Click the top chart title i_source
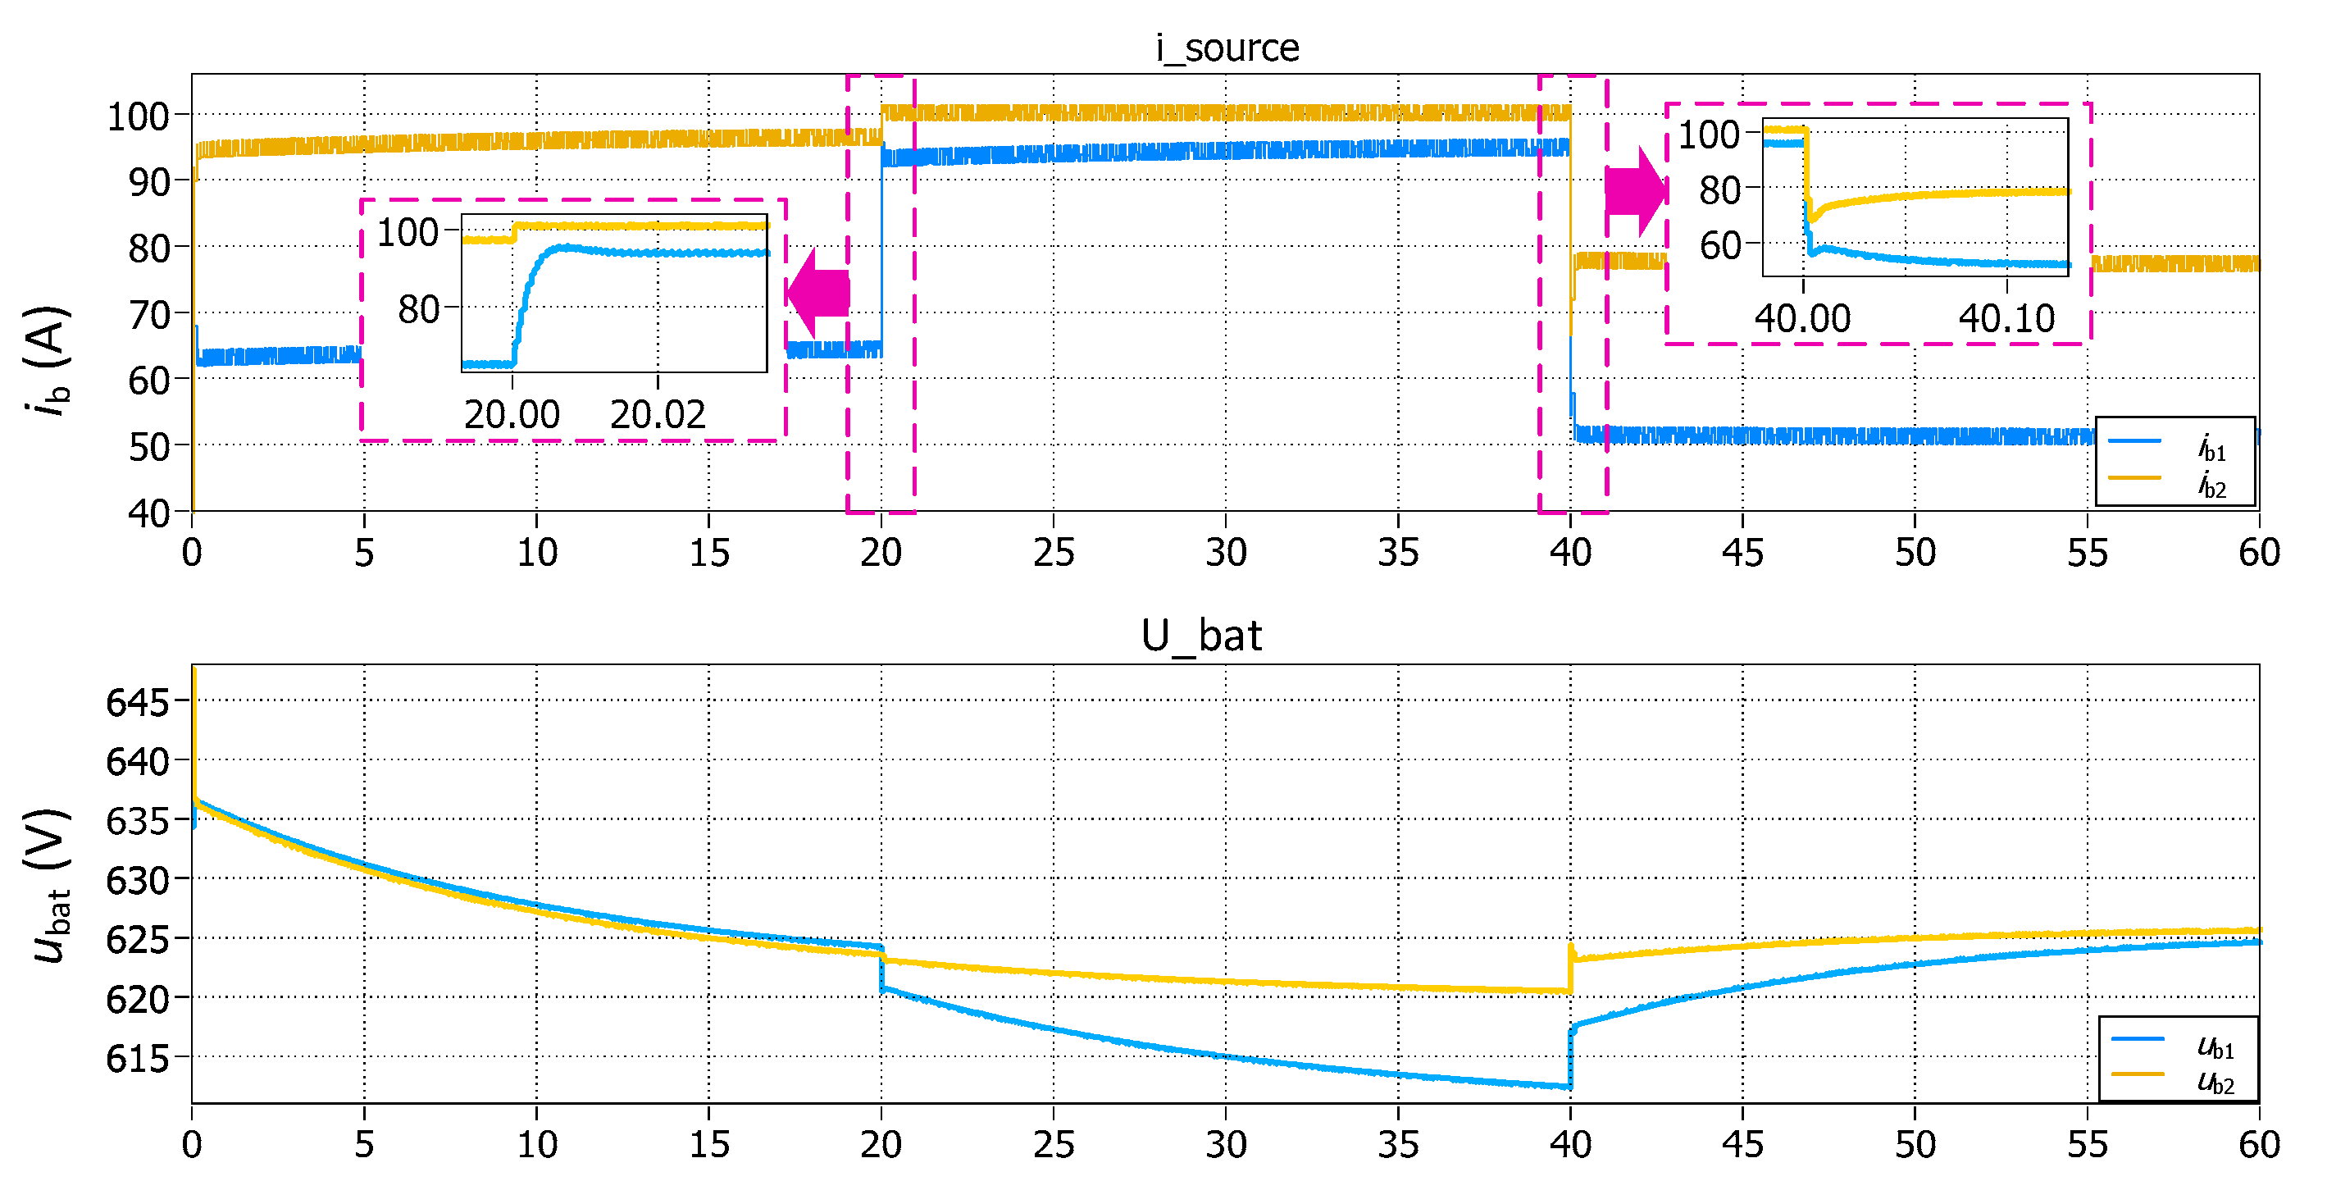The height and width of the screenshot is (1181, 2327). pos(1227,47)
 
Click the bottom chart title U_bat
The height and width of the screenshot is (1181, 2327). pos(1200,636)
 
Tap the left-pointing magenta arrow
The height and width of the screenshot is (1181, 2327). pos(817,293)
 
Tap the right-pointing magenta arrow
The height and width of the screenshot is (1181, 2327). pos(1636,192)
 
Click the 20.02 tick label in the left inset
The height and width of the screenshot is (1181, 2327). pos(658,415)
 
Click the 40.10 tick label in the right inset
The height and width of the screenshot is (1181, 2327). pos(2006,318)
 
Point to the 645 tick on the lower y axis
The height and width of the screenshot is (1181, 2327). pos(137,702)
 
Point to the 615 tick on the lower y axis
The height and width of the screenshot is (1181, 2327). pos(137,1058)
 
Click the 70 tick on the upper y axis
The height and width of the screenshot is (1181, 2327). pos(149,314)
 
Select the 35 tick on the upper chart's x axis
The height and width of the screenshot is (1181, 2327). pos(1397,552)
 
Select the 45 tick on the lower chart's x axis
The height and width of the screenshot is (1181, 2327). pos(1742,1144)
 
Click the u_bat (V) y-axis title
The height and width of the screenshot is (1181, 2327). pos(47,886)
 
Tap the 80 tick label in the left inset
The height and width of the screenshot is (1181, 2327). pos(418,309)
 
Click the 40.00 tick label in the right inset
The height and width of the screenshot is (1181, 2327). pos(1802,318)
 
